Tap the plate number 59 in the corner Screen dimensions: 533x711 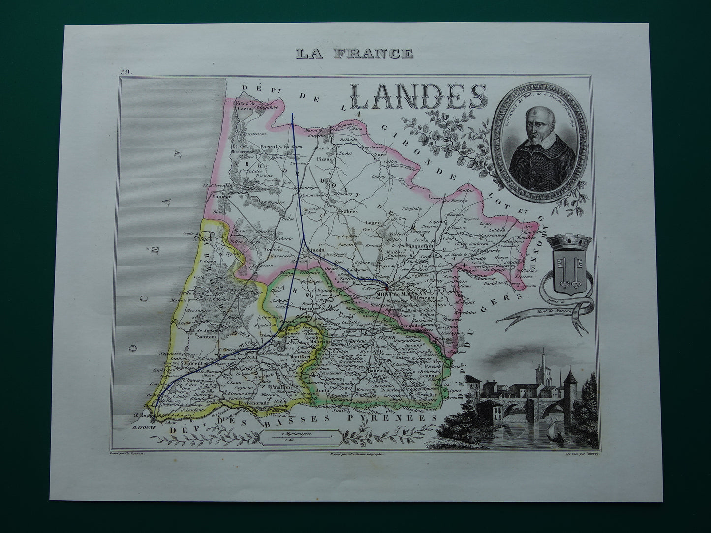(x=125, y=73)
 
